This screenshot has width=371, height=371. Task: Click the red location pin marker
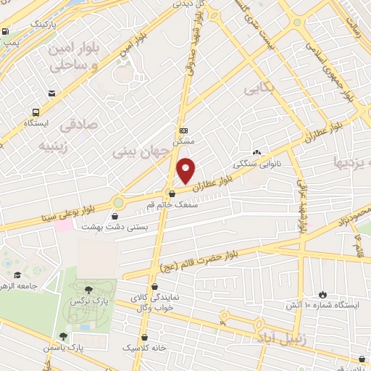[187, 170]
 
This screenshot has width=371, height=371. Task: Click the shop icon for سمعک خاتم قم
[172, 193]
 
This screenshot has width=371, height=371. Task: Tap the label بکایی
[259, 91]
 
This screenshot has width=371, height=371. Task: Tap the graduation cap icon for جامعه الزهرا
[18, 275]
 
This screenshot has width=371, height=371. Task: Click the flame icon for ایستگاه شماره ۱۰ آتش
[322, 294]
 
